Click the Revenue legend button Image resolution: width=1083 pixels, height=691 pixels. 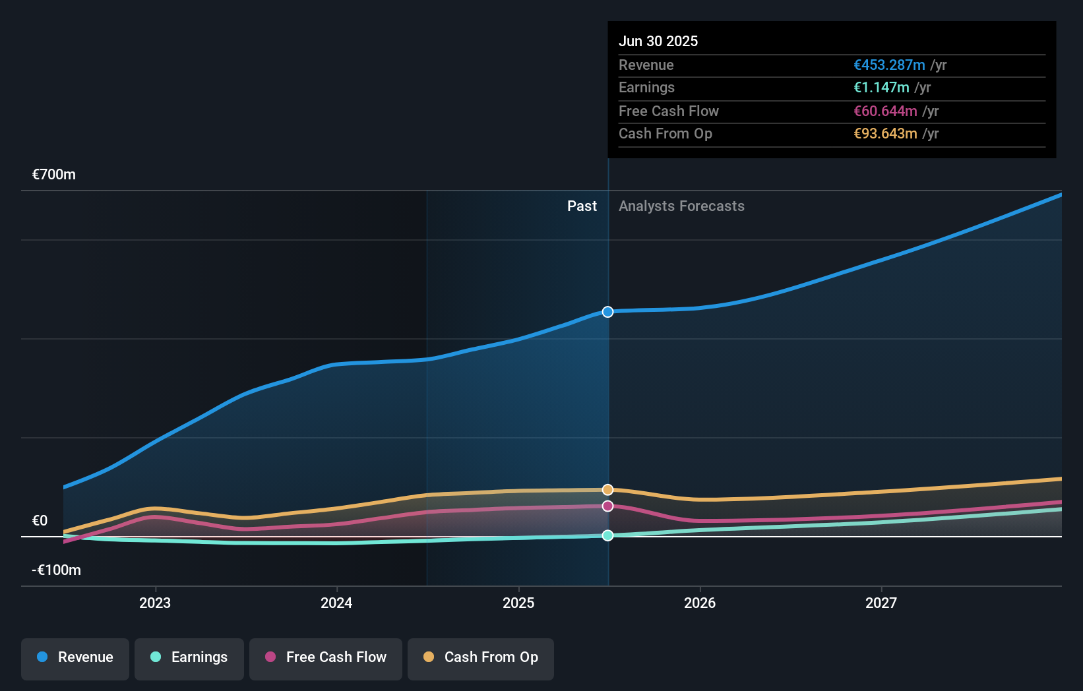[75, 658]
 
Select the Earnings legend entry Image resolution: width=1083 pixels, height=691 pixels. [189, 658]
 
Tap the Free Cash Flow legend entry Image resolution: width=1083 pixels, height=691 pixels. [325, 658]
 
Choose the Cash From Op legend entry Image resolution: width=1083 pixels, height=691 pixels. [480, 658]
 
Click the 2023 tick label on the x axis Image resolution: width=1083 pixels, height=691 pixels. [155, 603]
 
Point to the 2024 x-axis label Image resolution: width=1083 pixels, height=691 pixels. [336, 603]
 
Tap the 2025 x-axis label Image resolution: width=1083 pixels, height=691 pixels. [518, 603]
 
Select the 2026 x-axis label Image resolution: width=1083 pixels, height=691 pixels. [700, 603]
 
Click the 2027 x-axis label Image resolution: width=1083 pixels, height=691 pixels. [881, 603]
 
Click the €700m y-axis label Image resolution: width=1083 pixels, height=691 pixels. [54, 175]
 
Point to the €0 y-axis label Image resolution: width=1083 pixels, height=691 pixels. [40, 521]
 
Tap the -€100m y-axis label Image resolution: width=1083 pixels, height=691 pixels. [56, 570]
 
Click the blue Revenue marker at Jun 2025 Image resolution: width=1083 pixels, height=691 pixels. [607, 312]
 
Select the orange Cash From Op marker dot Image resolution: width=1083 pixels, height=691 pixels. [607, 490]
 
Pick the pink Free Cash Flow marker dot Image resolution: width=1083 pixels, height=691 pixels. [607, 506]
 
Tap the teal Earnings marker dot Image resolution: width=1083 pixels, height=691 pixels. [607, 535]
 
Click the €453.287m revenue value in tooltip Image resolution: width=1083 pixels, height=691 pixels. [889, 65]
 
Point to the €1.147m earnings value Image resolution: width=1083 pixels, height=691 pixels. [881, 88]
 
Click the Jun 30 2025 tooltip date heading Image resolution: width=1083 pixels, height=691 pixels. [658, 42]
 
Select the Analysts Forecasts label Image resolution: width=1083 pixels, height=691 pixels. [681, 206]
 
